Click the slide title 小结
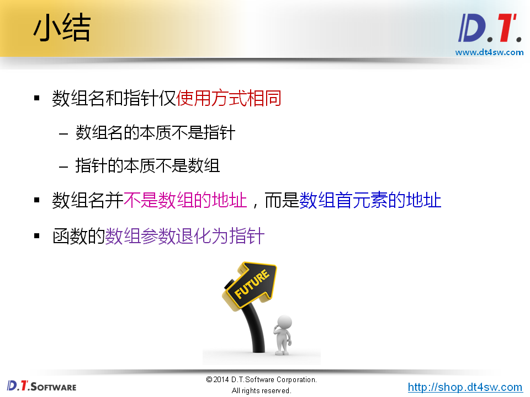[61, 29]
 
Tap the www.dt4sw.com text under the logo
[489, 52]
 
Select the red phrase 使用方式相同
[229, 99]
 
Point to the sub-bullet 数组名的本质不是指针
[155, 133]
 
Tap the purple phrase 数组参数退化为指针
[185, 237]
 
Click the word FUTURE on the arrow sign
[252, 285]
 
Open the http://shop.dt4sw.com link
[465, 387]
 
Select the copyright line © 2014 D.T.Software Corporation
[261, 380]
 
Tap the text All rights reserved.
[261, 390]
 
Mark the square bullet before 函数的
[37, 236]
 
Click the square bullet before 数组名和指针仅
[37, 99]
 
